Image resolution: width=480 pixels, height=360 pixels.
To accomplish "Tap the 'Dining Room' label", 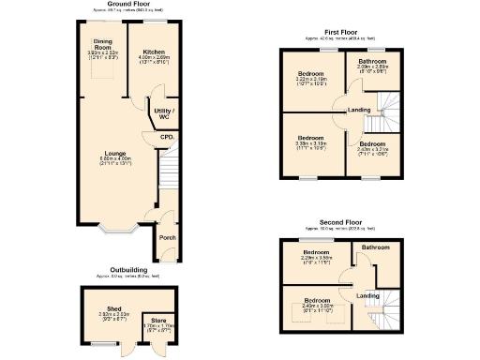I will [x=102, y=44].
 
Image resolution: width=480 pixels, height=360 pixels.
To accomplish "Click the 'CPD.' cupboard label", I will [x=167, y=138].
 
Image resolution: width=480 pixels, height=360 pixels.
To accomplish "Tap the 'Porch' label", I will [x=167, y=237].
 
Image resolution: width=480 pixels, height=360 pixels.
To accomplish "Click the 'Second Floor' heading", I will [x=341, y=223].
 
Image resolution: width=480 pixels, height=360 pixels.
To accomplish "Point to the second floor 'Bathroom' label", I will [x=376, y=247].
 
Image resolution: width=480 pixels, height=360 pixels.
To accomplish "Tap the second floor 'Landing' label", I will [x=368, y=295].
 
